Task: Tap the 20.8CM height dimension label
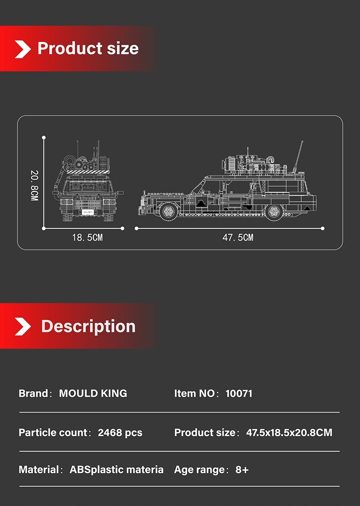[35, 186]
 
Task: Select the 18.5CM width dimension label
[87, 238]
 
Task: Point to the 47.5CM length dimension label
[238, 238]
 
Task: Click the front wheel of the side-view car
[168, 212]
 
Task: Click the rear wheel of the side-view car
[273, 212]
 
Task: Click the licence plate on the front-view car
[87, 212]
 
